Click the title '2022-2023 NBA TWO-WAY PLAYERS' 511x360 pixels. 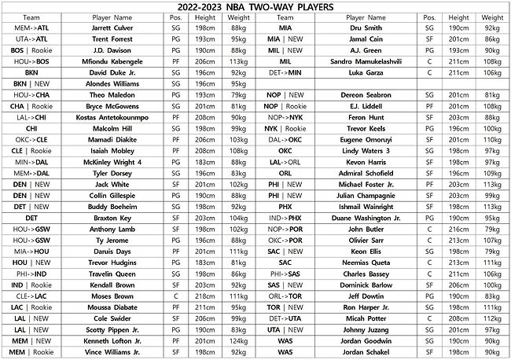[x=256, y=6]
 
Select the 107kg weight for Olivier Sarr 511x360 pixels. [x=492, y=241]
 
